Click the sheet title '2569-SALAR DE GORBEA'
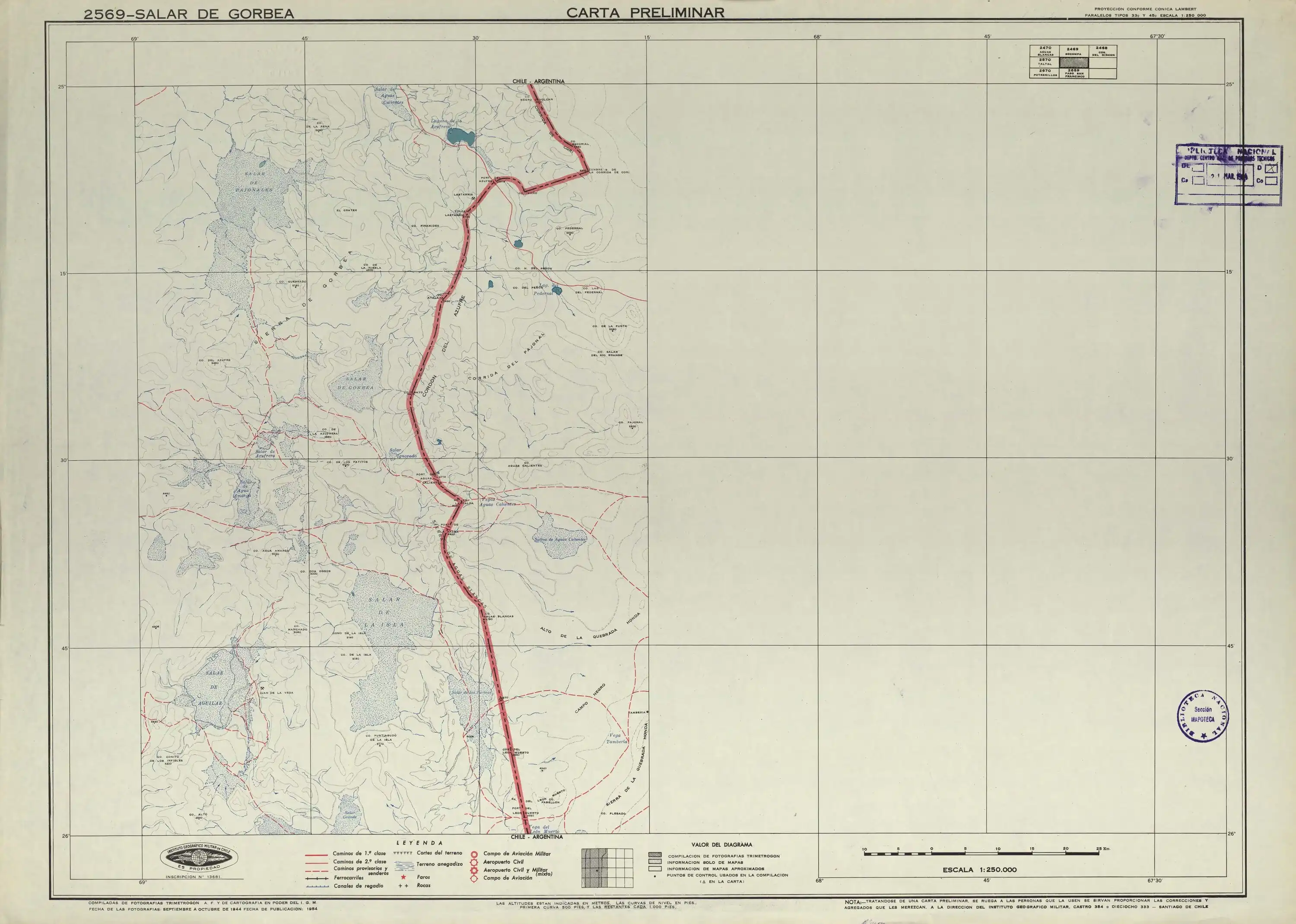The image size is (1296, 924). pos(189,14)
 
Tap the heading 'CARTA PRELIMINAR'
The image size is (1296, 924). pos(645,13)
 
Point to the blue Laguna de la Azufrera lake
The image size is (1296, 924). pos(460,137)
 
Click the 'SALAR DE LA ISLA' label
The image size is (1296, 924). pos(386,612)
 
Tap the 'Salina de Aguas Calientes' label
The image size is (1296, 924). pos(560,539)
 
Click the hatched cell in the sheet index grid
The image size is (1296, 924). pos(1072,63)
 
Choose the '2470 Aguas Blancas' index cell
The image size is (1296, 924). pos(1045,51)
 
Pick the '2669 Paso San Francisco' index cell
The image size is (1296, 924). pos(1072,73)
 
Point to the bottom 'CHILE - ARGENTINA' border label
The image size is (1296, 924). pos(537,837)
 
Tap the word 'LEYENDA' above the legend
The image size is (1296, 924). pos(419,843)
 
